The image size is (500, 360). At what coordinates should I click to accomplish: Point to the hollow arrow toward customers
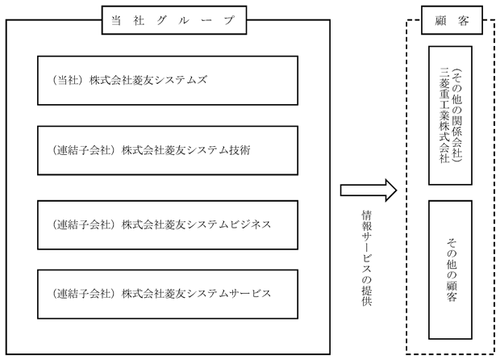(x=369, y=190)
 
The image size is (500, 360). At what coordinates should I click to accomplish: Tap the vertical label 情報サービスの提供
(x=367, y=257)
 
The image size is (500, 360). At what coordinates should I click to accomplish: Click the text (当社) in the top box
(x=66, y=80)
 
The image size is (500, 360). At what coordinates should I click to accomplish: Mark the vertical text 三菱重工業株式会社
(x=444, y=115)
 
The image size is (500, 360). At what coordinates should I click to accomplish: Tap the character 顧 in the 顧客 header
(x=440, y=21)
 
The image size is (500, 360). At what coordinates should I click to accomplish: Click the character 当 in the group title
(x=116, y=21)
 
